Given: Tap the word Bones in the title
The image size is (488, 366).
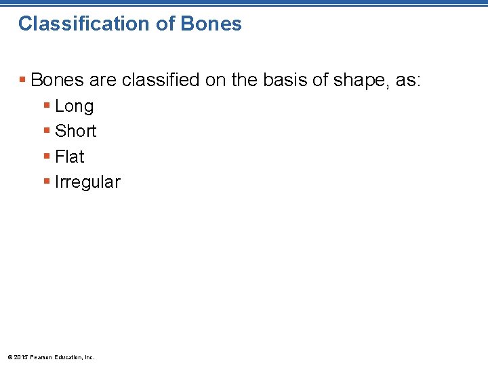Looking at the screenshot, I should tap(211, 24).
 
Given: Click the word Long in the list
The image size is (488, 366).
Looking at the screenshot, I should tap(74, 106).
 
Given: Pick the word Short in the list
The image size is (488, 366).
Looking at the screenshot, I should tap(75, 131).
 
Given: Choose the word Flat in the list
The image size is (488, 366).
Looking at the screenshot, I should tap(69, 157).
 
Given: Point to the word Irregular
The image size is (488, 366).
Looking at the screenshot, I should tap(87, 182).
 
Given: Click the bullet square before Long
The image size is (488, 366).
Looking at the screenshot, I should tap(47, 106).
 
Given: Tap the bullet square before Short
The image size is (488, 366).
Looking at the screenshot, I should tap(47, 131).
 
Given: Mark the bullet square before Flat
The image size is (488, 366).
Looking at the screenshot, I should tap(47, 157).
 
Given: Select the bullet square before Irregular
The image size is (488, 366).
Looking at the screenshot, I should tap(47, 182).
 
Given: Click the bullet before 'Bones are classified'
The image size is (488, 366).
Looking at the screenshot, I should tap(23, 81).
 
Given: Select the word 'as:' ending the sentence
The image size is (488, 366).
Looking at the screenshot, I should tap(408, 81).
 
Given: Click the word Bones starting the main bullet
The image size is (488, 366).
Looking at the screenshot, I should tap(58, 81).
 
